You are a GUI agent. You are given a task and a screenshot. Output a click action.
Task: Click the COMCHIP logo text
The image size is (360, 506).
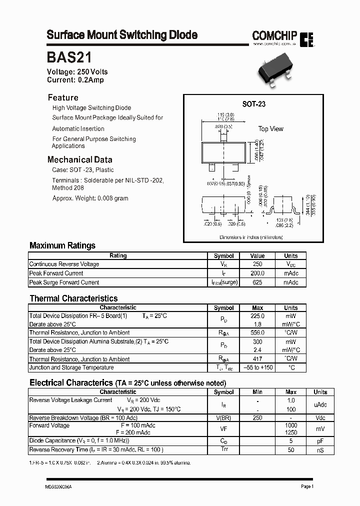pos(274,35)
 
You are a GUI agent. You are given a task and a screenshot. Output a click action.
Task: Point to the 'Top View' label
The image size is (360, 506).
pos(270,129)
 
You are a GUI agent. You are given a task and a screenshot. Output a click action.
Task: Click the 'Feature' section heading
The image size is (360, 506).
pos(63,97)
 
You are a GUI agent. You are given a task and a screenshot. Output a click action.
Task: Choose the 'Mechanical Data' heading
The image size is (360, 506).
pos(79,160)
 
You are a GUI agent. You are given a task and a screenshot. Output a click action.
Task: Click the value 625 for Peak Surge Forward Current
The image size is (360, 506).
pos(257,282)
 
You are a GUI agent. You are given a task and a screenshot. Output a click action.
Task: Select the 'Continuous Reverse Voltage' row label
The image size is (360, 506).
pos(64,264)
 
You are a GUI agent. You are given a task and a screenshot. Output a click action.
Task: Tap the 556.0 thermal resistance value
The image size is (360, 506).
pos(257,333)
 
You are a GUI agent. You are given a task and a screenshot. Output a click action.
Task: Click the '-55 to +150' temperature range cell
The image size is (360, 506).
pos(257,367)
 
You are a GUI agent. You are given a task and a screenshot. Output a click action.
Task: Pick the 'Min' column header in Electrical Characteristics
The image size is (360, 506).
pos(257,392)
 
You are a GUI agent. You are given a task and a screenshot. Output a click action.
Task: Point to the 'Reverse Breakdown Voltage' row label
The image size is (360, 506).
pos(83,418)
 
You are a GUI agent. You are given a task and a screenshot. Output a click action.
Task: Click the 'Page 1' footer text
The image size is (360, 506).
pos(307,486)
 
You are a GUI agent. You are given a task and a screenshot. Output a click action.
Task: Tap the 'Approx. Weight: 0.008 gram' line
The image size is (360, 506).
pos(90,198)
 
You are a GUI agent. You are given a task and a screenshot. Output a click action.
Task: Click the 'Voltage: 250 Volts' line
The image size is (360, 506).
pos(77,72)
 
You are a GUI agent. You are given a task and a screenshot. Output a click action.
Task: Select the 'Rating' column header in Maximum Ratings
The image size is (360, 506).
pos(118,255)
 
